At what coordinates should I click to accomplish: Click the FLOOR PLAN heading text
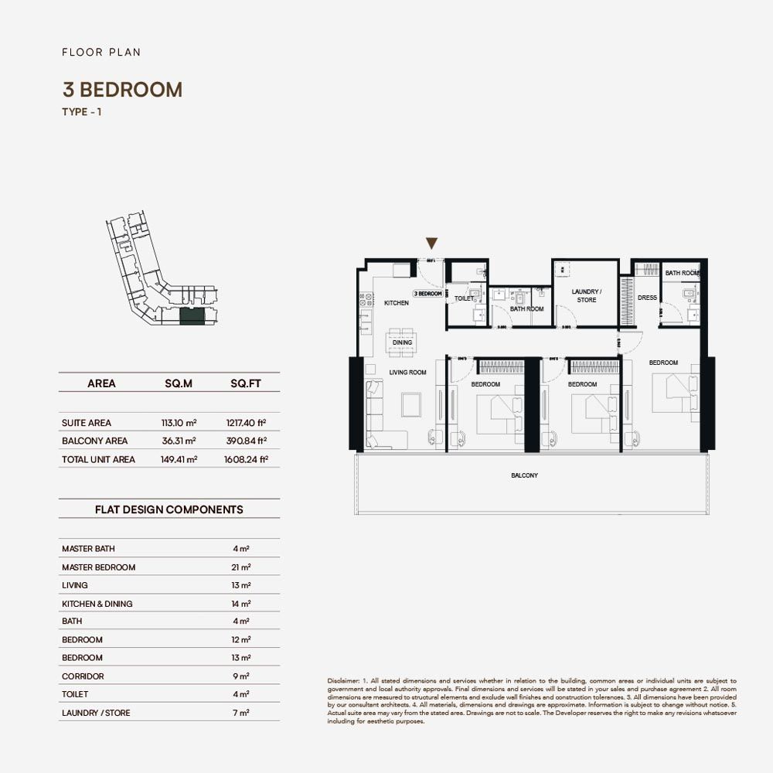point(101,53)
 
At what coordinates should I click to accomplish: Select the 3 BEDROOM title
point(122,90)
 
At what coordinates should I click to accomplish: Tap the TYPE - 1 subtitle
point(82,112)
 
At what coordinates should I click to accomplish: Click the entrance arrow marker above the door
point(432,243)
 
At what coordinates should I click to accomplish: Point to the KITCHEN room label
point(397,303)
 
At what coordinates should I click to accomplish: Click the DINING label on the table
point(402,342)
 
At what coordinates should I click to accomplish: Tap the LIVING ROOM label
point(407,373)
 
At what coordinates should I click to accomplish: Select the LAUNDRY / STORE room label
point(586,296)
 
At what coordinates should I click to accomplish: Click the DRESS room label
point(647,298)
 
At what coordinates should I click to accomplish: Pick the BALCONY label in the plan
point(524,475)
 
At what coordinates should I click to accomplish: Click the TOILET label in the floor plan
point(464,298)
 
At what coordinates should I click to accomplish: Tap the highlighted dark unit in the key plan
point(192,315)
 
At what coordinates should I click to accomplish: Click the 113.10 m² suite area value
point(179,423)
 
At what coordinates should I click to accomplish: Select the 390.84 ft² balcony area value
point(247,441)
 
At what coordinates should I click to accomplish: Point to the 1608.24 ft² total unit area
point(247,459)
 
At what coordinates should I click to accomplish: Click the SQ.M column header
point(179,383)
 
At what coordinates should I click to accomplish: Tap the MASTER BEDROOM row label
point(98,567)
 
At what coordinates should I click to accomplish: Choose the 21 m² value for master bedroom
point(241,567)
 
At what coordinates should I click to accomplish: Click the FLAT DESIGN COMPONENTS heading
point(169,509)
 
